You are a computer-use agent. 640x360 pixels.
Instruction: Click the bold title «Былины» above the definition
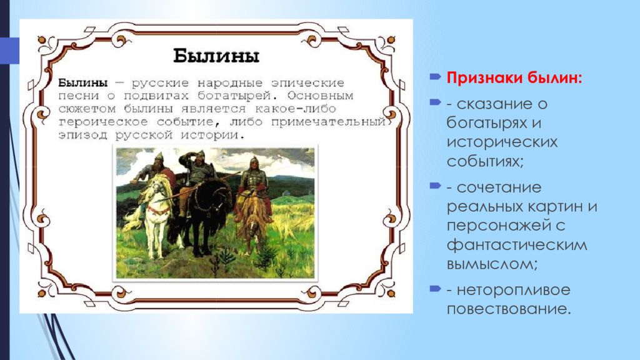(x=216, y=56)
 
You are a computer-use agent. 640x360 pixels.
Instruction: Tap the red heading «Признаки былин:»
(x=514, y=77)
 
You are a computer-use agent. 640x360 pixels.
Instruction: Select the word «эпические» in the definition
(x=307, y=83)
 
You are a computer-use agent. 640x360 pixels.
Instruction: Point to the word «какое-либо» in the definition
(x=296, y=109)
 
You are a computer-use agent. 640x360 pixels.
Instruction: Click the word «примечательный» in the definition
(x=328, y=122)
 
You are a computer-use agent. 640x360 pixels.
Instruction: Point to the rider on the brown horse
(x=254, y=179)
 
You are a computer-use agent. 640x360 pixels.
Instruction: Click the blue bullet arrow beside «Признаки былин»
(x=436, y=76)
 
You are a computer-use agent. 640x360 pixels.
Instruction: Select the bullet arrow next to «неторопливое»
(x=436, y=289)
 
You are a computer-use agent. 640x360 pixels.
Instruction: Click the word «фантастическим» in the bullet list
(x=517, y=246)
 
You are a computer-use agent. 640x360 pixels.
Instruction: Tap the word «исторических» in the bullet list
(x=502, y=142)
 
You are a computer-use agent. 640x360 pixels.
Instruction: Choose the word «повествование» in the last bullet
(x=508, y=309)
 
